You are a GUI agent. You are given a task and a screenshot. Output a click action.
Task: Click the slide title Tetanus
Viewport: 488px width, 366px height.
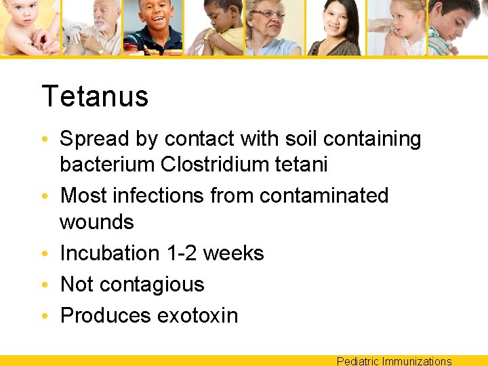(95, 96)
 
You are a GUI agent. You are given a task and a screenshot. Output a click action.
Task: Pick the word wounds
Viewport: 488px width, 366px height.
(97, 222)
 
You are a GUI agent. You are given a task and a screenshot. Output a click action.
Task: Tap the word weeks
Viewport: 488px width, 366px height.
(233, 253)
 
